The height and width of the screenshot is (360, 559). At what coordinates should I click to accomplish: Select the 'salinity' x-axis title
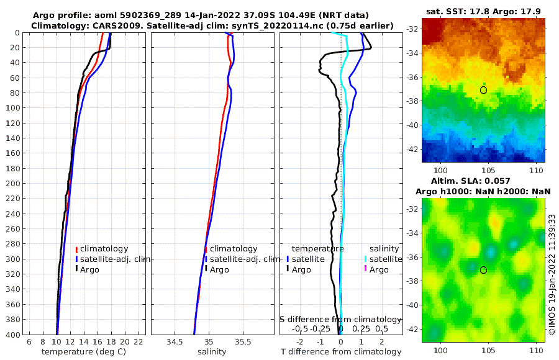pos(212,352)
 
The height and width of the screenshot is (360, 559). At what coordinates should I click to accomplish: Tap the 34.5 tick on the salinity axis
pos(175,341)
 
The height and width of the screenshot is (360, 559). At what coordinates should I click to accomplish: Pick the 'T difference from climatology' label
pos(340,352)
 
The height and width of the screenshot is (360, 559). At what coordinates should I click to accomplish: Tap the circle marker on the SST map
pos(483,90)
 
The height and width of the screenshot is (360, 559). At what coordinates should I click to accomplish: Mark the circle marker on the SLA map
pos(483,270)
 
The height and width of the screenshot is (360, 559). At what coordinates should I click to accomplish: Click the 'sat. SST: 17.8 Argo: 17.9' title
pos(483,12)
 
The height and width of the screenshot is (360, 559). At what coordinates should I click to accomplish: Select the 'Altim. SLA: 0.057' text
pos(483,181)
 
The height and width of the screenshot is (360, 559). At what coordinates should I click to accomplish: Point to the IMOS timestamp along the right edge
pos(552,273)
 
